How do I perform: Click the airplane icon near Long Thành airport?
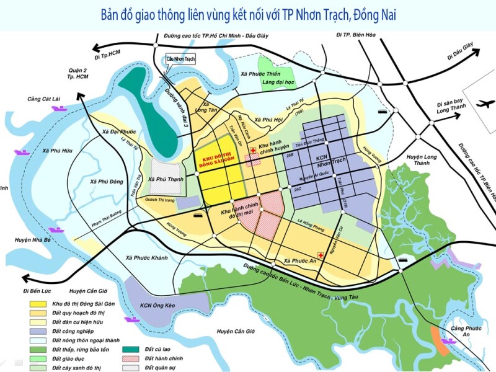482,104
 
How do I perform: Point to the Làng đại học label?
278,82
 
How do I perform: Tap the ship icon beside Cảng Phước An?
448,340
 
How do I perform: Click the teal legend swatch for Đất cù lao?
131,349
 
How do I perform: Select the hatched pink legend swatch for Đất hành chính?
131,358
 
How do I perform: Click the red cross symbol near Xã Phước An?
321,255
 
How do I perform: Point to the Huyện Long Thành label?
421,161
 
